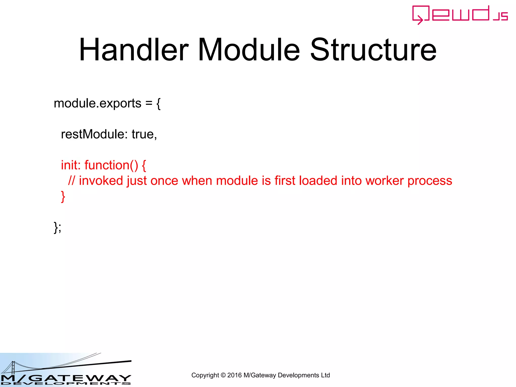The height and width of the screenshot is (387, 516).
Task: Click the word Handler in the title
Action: (x=134, y=50)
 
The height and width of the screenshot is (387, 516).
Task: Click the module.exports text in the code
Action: (x=98, y=104)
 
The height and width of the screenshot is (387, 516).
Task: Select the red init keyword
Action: (x=70, y=165)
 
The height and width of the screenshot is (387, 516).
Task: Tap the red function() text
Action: (x=111, y=165)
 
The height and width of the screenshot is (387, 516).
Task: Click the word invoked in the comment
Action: (x=101, y=181)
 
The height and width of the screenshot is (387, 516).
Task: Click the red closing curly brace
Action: (x=63, y=197)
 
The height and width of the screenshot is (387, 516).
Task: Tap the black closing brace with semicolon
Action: (x=57, y=228)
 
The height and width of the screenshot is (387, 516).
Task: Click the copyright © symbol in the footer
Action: (x=223, y=375)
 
